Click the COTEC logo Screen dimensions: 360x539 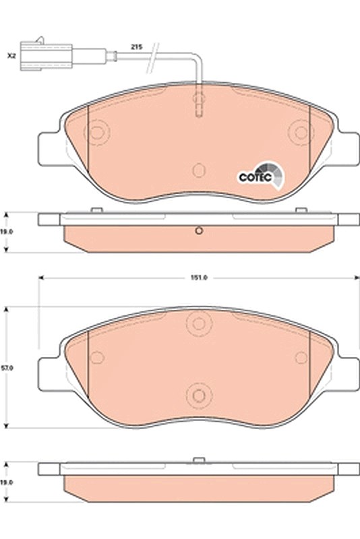262,176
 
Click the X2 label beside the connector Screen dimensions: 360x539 11,56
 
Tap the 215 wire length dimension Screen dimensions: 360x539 136,46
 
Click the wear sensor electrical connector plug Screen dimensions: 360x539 46,56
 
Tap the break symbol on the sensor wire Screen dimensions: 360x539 152,57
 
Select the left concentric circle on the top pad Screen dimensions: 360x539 96,132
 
